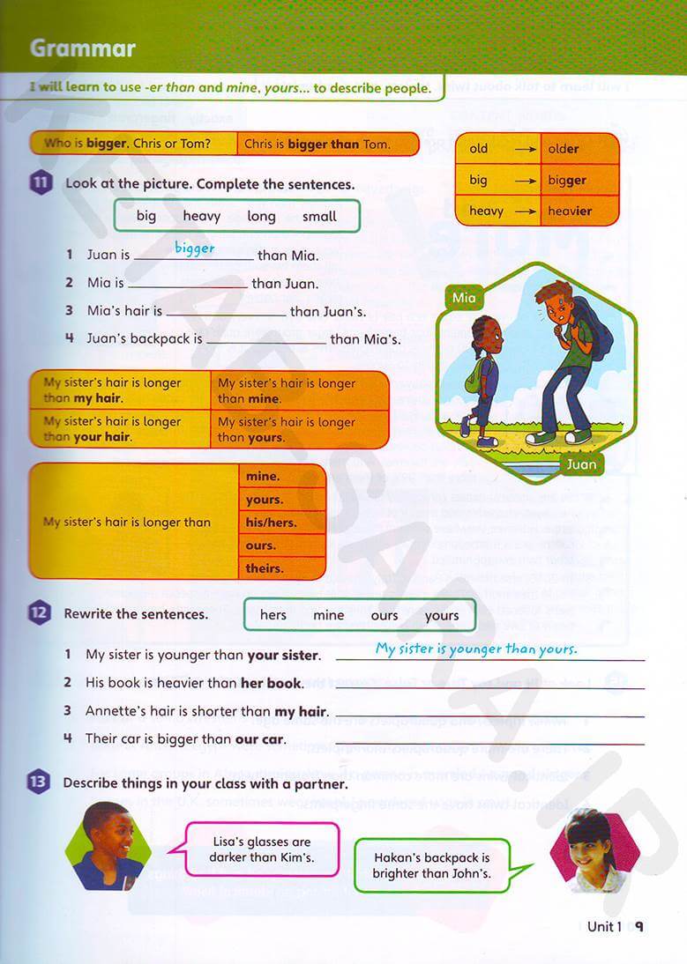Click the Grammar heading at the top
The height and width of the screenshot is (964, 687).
click(x=83, y=48)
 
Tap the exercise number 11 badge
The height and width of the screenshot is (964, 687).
click(x=40, y=184)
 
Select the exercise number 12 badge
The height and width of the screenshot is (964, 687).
click(x=40, y=613)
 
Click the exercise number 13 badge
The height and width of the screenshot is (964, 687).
click(x=39, y=782)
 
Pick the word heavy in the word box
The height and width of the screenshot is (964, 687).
click(x=202, y=216)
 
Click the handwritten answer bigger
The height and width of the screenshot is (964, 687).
click(x=194, y=248)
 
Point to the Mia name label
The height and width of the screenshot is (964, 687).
click(x=464, y=298)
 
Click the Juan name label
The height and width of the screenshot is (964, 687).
click(x=581, y=463)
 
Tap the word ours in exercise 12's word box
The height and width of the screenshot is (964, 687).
click(x=385, y=616)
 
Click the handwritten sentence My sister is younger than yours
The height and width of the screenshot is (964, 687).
click(x=476, y=649)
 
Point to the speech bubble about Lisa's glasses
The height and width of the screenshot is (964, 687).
click(x=262, y=849)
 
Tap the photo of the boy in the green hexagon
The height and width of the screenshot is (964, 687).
click(x=108, y=846)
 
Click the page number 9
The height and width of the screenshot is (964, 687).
click(x=639, y=926)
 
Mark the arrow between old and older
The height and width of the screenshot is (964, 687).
click(x=526, y=149)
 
